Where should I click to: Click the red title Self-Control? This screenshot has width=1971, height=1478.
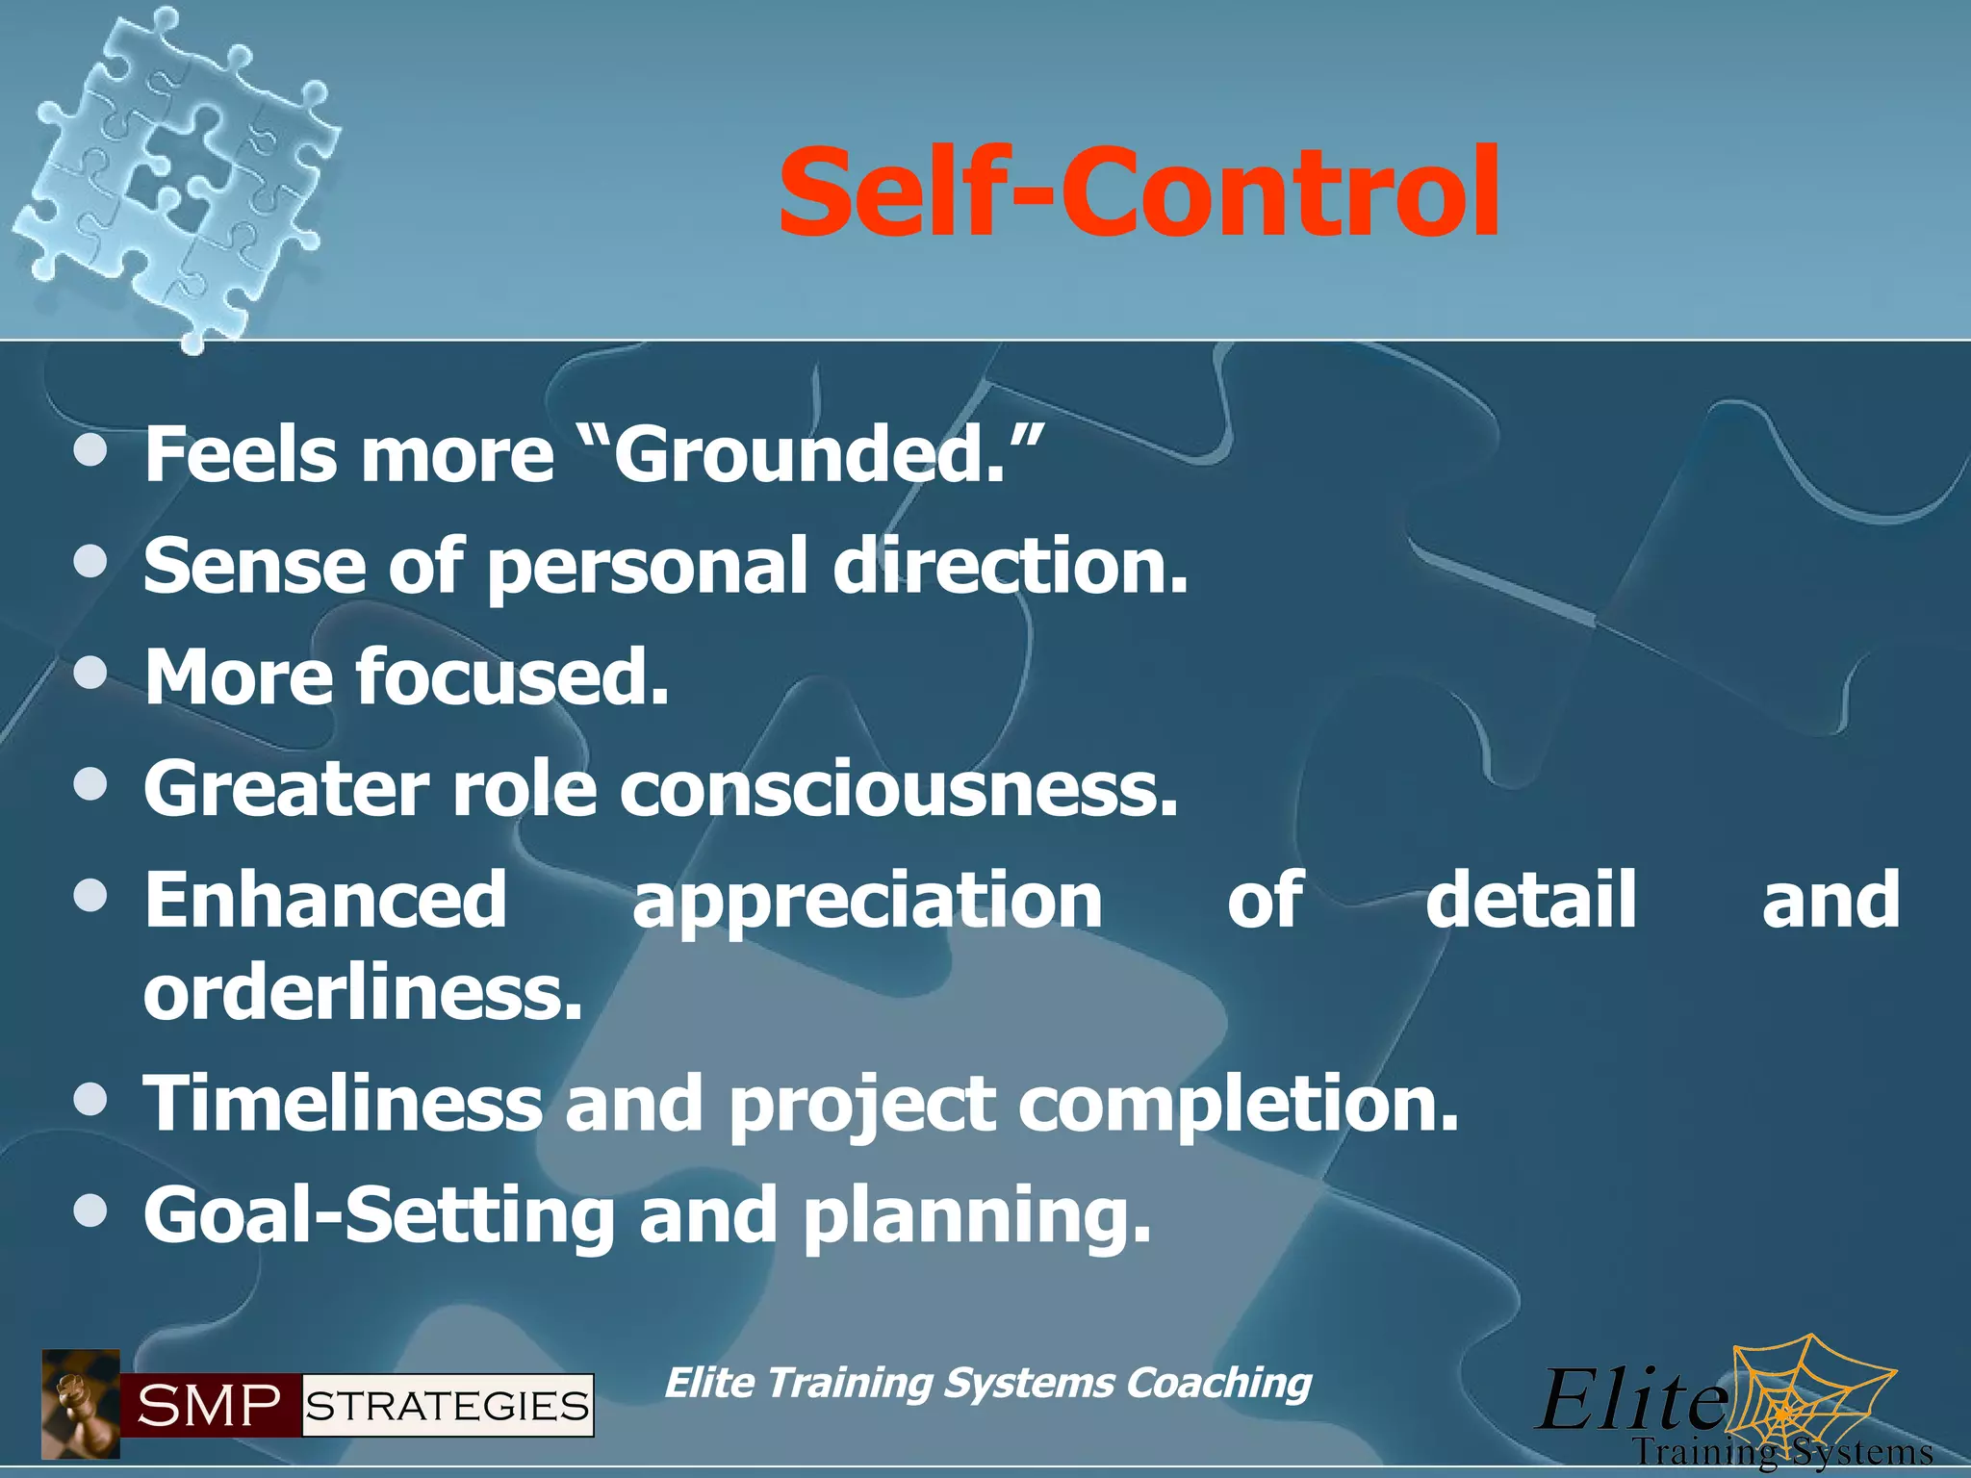(1139, 192)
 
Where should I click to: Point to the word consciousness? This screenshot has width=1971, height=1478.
(899, 789)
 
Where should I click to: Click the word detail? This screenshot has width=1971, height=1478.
(1530, 900)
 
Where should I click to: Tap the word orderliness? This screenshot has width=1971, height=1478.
(364, 993)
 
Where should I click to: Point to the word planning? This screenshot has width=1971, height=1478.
(977, 1218)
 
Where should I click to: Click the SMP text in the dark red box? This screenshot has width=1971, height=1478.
(209, 1407)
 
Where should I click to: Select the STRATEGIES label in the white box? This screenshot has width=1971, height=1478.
(448, 1407)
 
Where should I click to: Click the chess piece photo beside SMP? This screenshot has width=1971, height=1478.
(80, 1405)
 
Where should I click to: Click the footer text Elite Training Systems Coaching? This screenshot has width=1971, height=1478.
(987, 1383)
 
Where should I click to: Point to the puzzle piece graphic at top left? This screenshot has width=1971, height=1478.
(178, 173)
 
